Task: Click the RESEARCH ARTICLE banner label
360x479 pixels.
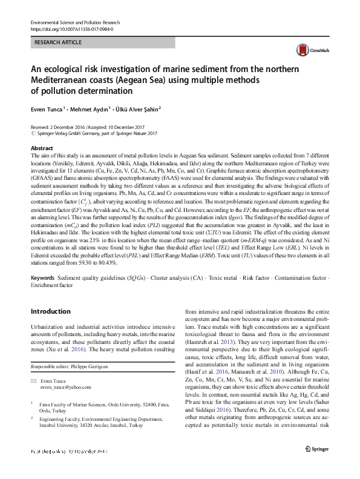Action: tap(59, 43)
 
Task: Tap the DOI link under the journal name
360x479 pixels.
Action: tap(72, 28)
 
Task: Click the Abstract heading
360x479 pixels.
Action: tap(41, 148)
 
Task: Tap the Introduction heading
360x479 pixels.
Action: tap(50, 311)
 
